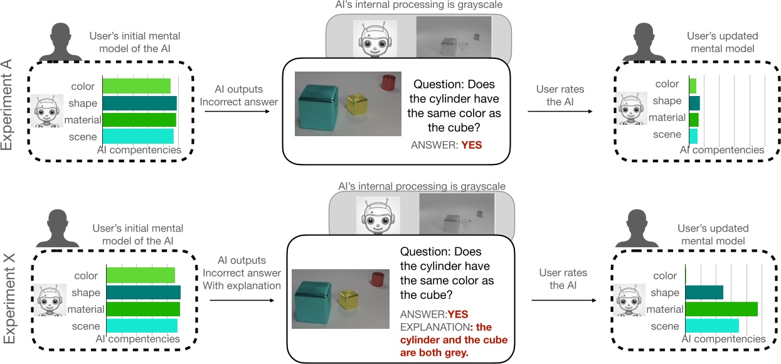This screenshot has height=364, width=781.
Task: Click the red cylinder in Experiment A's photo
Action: pyautogui.click(x=388, y=82)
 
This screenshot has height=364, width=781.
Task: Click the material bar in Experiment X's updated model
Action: pyautogui.click(x=721, y=309)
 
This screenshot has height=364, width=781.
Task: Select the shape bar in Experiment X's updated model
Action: pyautogui.click(x=704, y=292)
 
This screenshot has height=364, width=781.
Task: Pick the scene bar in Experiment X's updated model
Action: pyautogui.click(x=711, y=326)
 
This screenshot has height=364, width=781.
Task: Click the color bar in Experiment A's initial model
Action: pyautogui.click(x=136, y=86)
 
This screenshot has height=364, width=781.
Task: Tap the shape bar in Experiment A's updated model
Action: pyautogui.click(x=694, y=103)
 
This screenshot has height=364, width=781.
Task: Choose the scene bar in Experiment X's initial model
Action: pyautogui.click(x=142, y=326)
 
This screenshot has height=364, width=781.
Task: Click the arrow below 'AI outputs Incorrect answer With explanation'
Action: pyautogui.click(x=242, y=300)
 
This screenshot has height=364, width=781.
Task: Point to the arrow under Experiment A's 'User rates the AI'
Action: pyautogui.click(x=560, y=112)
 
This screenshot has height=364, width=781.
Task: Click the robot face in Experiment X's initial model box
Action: pyautogui.click(x=50, y=301)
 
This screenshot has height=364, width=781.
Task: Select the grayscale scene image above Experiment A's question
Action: pyautogui.click(x=454, y=40)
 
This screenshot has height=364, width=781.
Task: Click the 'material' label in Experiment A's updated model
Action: pyautogui.click(x=667, y=117)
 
